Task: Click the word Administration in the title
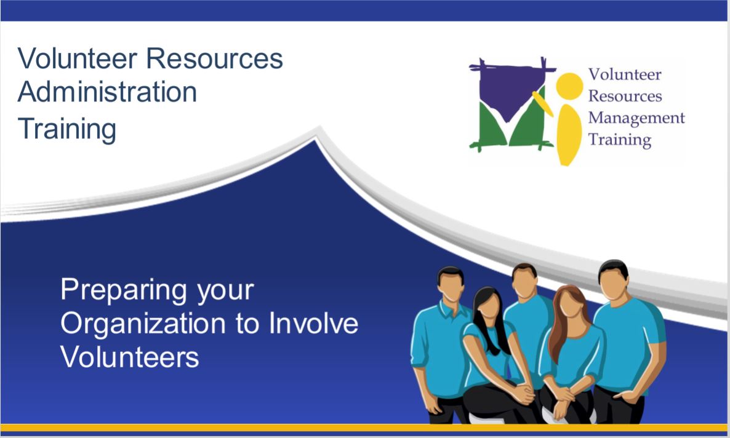coord(108,92)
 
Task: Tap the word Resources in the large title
coord(215,58)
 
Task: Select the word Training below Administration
coord(67,129)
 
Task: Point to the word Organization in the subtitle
coord(145,324)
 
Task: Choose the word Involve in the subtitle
coord(314,323)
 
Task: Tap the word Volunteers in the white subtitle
coord(130,357)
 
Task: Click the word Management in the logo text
coord(636,118)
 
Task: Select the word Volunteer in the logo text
coord(625,74)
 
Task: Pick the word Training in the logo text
coord(620,140)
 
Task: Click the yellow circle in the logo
coord(569,87)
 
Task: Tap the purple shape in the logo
coord(510,91)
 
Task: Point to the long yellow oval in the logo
coord(569,135)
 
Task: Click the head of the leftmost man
coord(451,284)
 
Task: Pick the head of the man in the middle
coord(524,281)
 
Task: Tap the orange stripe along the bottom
coord(365,428)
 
